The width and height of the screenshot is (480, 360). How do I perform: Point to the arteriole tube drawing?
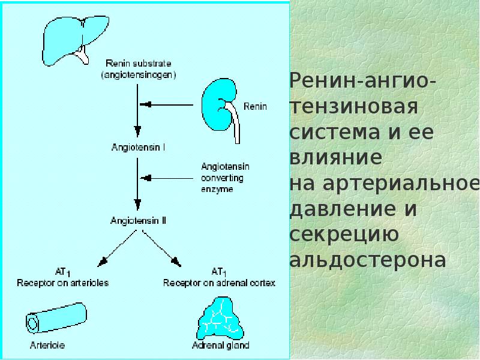(x=56, y=318)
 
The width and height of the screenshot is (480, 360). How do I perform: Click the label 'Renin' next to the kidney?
(x=255, y=107)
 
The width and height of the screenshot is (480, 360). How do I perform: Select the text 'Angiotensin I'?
(x=139, y=147)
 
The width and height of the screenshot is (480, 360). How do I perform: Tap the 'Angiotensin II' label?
(x=139, y=220)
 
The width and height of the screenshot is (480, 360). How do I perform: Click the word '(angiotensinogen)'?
(x=139, y=75)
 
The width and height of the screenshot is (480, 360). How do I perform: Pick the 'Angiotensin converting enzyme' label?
(x=226, y=178)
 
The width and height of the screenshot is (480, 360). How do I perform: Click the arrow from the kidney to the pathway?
(x=166, y=104)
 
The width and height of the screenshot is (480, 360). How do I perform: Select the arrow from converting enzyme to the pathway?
(x=167, y=178)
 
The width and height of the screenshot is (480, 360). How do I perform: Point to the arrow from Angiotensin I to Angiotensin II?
(x=137, y=184)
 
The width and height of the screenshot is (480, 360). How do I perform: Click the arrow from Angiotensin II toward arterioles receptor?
(x=116, y=248)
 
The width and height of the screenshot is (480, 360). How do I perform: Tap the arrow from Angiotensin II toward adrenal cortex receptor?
(x=162, y=248)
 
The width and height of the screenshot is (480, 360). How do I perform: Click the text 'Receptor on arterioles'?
(x=63, y=283)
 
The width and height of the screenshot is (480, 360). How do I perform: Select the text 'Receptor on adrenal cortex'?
(x=219, y=283)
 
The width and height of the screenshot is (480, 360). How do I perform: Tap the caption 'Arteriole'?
(x=47, y=346)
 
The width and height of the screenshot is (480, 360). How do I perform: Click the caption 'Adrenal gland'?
(x=220, y=346)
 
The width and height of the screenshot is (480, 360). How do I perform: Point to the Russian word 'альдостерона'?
(x=368, y=260)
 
